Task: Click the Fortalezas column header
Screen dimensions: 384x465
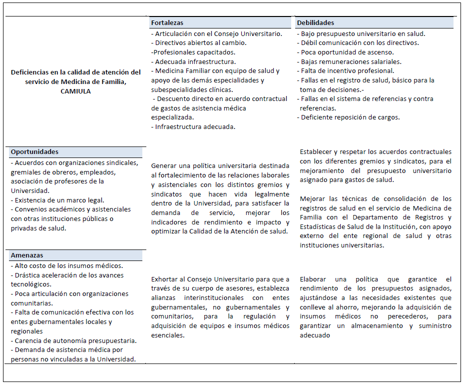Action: (167, 23)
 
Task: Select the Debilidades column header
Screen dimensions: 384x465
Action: (316, 23)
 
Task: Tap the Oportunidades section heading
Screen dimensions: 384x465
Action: (35, 152)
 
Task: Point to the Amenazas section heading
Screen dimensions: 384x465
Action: (27, 255)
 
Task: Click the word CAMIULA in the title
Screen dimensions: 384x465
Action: (76, 91)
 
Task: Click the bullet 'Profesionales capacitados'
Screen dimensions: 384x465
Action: (194, 52)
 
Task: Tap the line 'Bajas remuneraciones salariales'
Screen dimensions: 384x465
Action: (351, 61)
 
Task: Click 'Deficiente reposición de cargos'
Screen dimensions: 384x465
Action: (350, 117)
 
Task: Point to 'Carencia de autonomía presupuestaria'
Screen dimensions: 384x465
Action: (74, 340)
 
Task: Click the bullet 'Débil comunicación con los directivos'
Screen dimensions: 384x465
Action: (359, 43)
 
